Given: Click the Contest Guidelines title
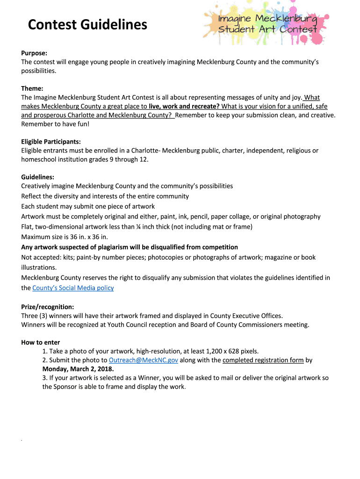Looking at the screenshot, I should click(87, 25).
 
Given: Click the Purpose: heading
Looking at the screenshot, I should click(34, 53).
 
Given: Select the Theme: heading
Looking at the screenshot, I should click(32, 88).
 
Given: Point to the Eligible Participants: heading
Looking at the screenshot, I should click(51, 141).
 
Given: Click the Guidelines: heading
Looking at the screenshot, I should click(37, 177).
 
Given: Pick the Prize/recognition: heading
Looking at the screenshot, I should click(47, 307).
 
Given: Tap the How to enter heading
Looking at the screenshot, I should click(41, 342).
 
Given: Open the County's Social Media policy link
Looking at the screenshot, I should click(73, 288).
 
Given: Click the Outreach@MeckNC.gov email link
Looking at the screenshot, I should click(143, 360).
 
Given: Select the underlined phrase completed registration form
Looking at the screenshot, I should click(263, 360).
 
